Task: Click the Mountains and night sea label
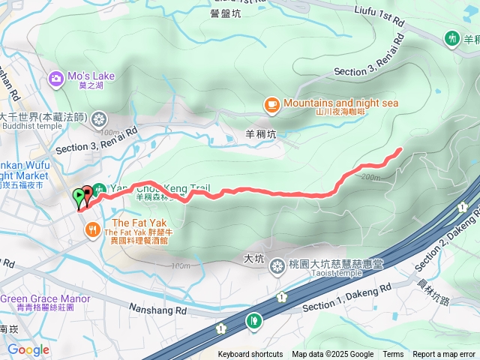[340, 103]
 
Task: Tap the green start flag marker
[79, 197]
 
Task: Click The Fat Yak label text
[133, 223]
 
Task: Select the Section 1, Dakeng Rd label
[347, 298]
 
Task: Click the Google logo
[28, 349]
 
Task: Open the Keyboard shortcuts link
[250, 355]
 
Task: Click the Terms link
[393, 355]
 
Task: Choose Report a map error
[444, 355]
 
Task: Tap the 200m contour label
[370, 178]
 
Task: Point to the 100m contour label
[180, 266]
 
